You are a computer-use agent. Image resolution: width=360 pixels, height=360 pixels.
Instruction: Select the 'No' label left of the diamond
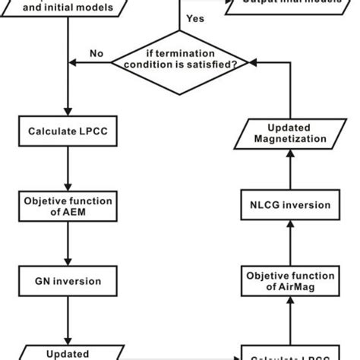tap(96, 54)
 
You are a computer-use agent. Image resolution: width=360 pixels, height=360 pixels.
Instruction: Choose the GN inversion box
tap(69, 282)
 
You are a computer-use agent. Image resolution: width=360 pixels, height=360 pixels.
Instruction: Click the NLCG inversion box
tap(290, 205)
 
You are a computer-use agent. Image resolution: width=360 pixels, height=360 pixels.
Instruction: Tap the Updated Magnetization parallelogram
tap(290, 133)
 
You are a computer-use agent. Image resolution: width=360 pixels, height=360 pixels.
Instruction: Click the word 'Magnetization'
tap(290, 139)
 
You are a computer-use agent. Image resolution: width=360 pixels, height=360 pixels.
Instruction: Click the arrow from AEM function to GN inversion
tap(69, 243)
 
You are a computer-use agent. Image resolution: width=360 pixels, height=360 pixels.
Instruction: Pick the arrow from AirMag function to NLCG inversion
tap(290, 243)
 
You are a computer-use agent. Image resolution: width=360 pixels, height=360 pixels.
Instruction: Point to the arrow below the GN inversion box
tap(69, 319)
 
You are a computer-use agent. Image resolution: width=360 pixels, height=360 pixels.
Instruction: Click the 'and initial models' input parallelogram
tap(69, 8)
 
